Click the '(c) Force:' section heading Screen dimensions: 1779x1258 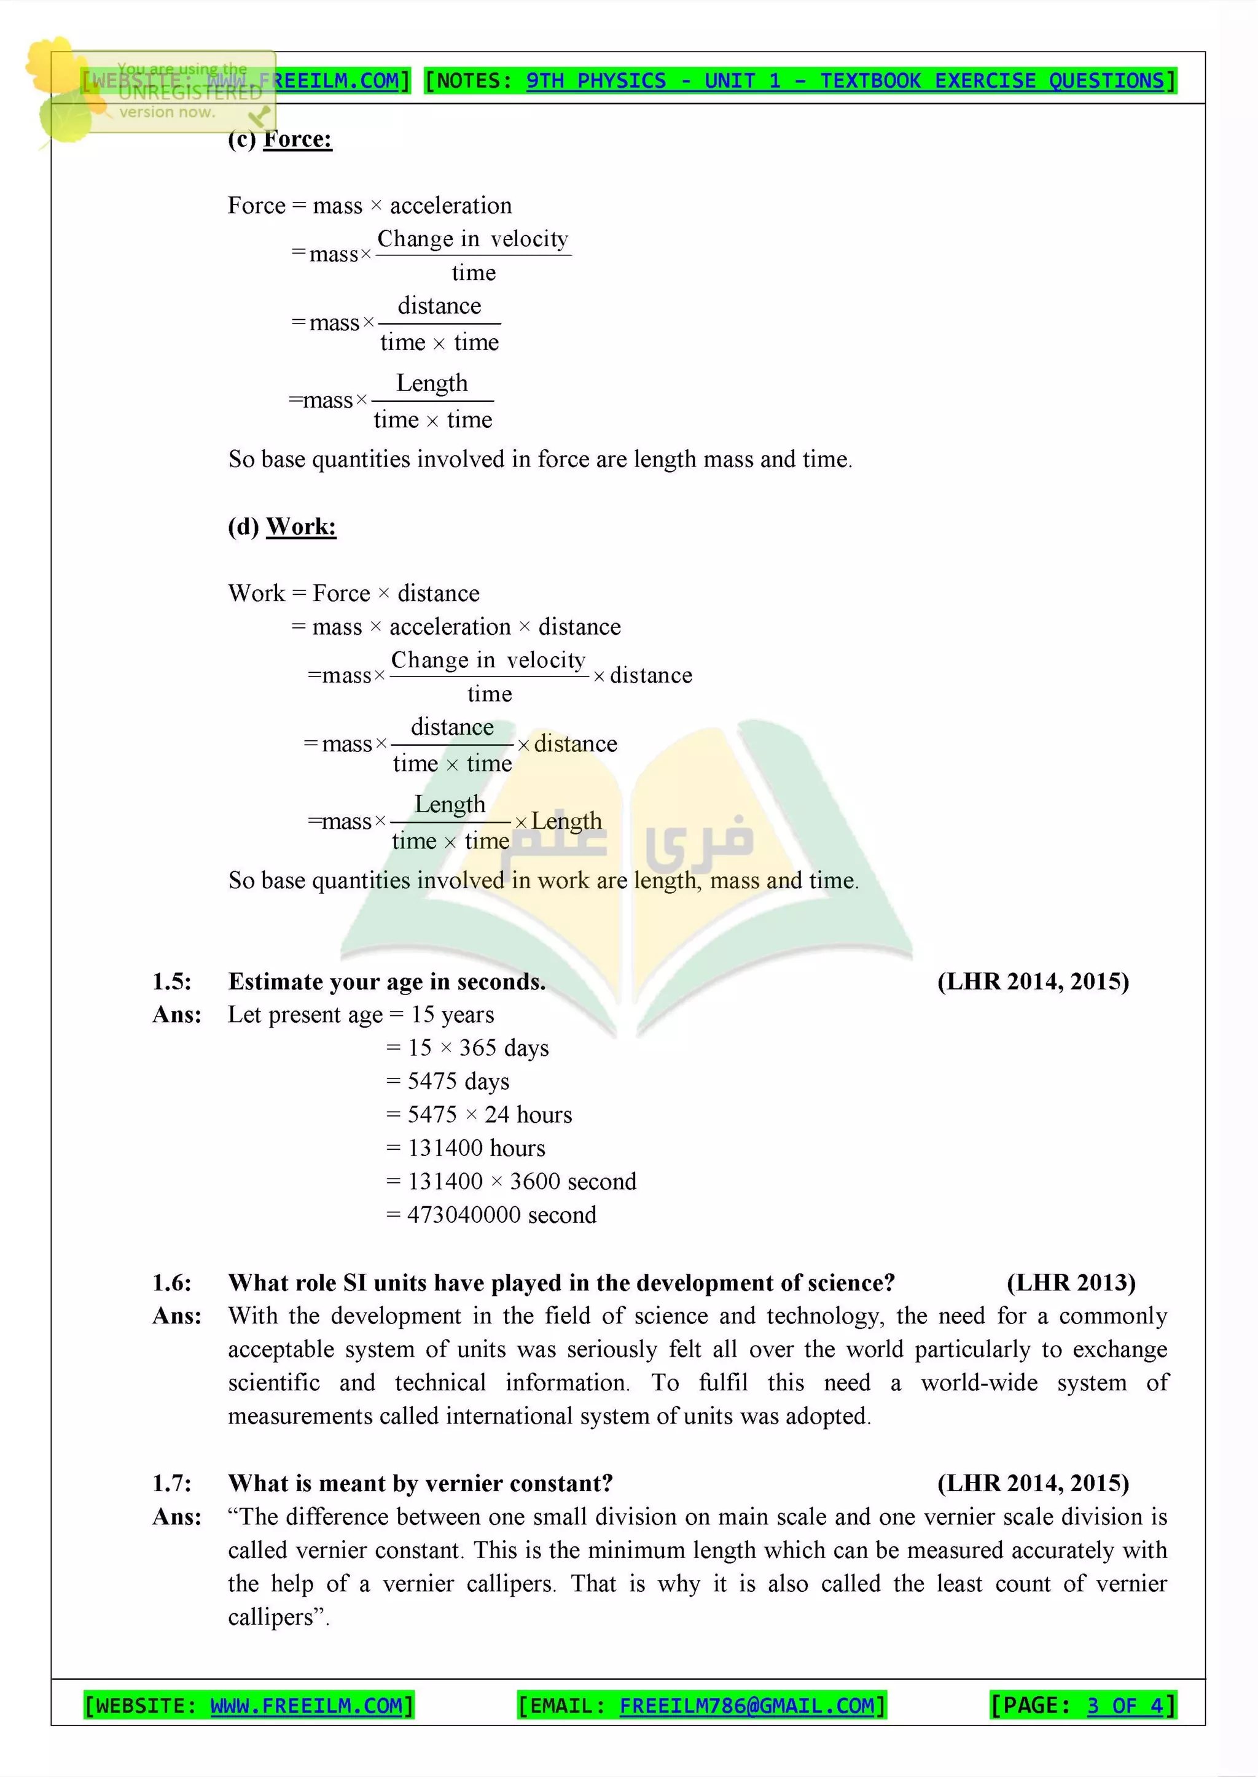click(280, 139)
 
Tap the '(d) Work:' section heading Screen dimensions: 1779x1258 click(282, 527)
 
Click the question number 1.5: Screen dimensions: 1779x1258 click(172, 982)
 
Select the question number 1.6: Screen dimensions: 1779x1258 click(172, 1283)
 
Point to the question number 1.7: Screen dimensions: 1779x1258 click(172, 1483)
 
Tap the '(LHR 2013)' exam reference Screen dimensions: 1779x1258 click(1071, 1283)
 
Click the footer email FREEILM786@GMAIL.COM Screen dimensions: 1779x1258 click(746, 1705)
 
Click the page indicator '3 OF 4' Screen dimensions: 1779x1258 click(1125, 1705)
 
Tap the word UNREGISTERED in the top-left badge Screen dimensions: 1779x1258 click(190, 92)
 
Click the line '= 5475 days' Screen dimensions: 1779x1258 click(448, 1082)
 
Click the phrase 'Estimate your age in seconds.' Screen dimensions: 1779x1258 click(387, 982)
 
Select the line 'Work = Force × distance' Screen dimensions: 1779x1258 click(353, 594)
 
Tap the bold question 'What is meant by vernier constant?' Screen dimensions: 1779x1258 click(420, 1483)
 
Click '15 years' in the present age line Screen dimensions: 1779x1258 click(453, 1015)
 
